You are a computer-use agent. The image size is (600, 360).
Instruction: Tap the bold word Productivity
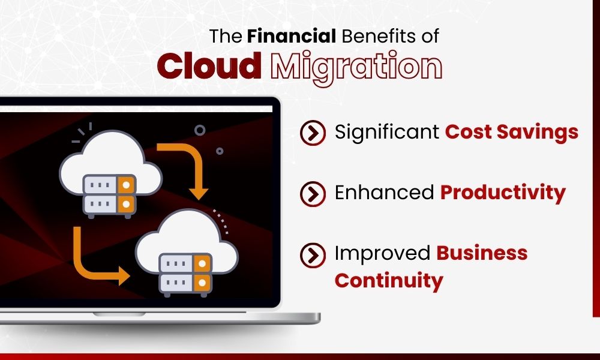503,192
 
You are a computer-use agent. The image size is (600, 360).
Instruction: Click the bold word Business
482,253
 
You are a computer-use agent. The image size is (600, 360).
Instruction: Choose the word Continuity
389,280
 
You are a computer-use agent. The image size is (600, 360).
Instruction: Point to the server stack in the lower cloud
185,272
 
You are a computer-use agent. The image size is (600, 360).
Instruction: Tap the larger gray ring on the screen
200,130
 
